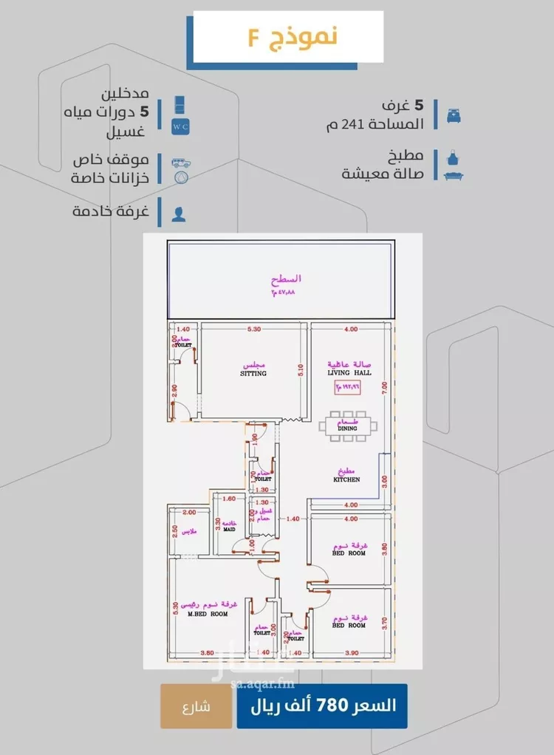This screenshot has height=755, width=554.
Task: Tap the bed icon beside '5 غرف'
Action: [452, 115]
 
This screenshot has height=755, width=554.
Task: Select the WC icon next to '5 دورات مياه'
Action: [180, 115]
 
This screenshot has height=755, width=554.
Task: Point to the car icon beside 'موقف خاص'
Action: [179, 162]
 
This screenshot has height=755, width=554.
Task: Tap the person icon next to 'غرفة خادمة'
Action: [179, 214]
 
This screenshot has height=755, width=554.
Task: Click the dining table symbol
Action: [348, 426]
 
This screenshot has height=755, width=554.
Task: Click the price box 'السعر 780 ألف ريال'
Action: [321, 706]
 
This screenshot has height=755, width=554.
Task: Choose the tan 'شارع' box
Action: [195, 706]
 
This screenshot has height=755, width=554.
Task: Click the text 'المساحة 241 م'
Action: [376, 124]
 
